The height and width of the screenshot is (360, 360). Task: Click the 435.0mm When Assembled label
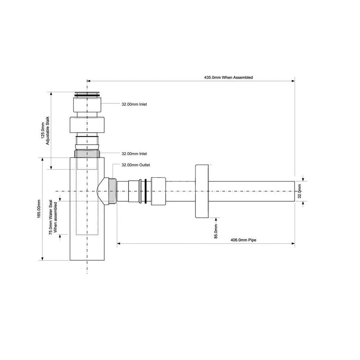229,78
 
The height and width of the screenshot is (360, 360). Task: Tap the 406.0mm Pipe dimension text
243,240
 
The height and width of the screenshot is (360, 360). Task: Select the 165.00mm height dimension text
39,209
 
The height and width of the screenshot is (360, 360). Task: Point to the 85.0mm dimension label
216,231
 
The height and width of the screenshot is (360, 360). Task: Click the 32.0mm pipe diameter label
299,191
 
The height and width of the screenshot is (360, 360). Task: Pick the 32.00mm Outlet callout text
136,165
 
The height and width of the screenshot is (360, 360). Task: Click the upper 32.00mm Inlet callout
134,104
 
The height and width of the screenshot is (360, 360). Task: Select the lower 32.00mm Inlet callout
134,154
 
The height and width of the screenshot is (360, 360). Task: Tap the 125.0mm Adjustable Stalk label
45,131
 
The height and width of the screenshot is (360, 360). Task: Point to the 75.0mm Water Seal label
53,217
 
